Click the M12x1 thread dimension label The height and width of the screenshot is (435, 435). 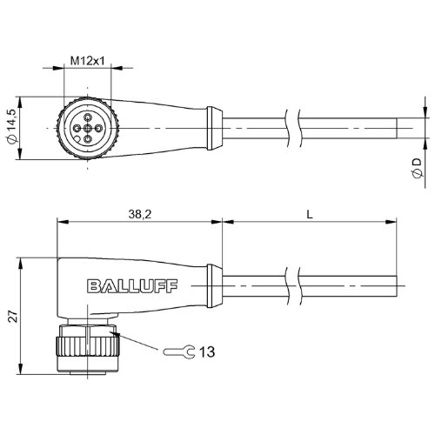(x=87, y=61)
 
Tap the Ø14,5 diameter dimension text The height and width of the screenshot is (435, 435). (x=12, y=127)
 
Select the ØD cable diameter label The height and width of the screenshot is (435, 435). (x=418, y=168)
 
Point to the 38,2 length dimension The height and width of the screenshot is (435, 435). (x=140, y=215)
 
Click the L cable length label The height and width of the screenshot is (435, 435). (x=310, y=215)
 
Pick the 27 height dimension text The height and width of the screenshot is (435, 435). (x=13, y=316)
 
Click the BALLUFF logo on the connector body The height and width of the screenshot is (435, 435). (x=132, y=286)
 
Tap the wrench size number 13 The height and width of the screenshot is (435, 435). (x=207, y=351)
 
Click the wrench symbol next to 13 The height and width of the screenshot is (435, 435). (x=178, y=351)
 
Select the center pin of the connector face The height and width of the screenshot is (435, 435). (x=87, y=128)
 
